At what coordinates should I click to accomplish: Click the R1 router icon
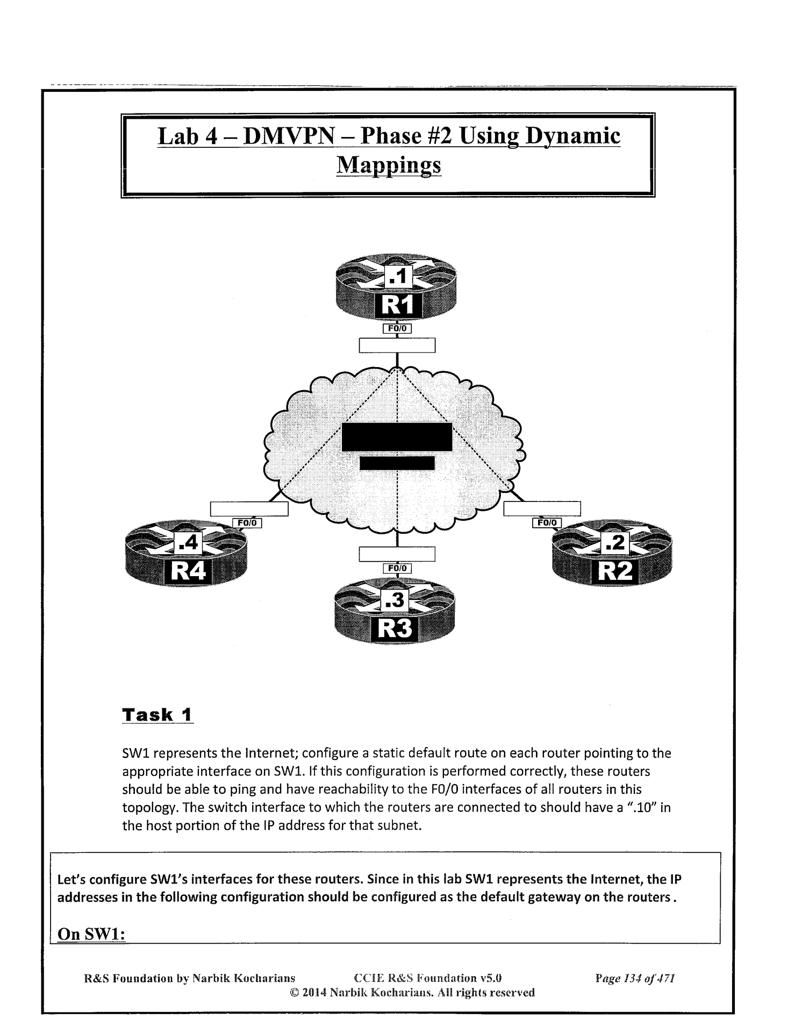pyautogui.click(x=397, y=290)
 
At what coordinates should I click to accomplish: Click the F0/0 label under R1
pyautogui.click(x=397, y=328)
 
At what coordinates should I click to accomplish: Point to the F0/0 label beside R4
pyautogui.click(x=247, y=522)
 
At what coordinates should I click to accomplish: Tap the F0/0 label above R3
pyautogui.click(x=397, y=568)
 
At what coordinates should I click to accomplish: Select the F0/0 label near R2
pyautogui.click(x=547, y=522)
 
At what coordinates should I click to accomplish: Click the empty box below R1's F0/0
pyautogui.click(x=397, y=345)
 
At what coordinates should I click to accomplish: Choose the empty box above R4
pyautogui.click(x=249, y=508)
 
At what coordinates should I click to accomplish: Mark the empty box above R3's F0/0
pyautogui.click(x=397, y=554)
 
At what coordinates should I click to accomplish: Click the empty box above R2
pyautogui.click(x=542, y=508)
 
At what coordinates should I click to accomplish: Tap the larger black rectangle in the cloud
pyautogui.click(x=397, y=437)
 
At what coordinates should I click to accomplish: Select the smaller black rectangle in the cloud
pyautogui.click(x=397, y=463)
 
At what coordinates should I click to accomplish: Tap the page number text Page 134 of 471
pyautogui.click(x=635, y=978)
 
